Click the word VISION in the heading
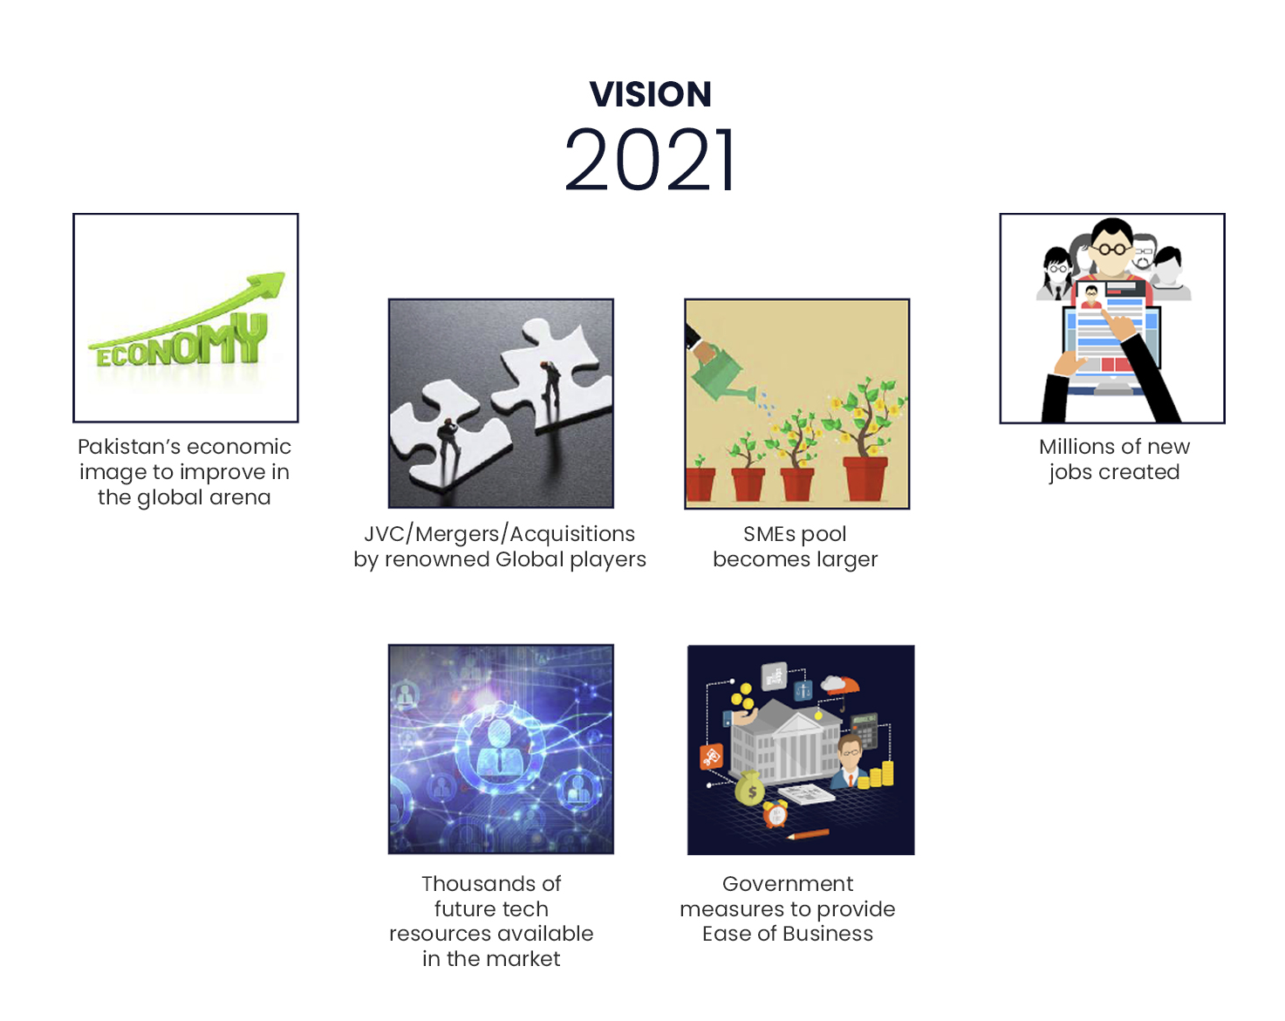click(x=650, y=94)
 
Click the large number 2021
click(x=650, y=160)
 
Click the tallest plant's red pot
click(x=865, y=478)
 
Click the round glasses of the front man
click(x=1111, y=249)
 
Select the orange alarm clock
click(x=776, y=813)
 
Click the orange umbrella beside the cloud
click(x=845, y=687)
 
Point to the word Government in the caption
click(x=788, y=883)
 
